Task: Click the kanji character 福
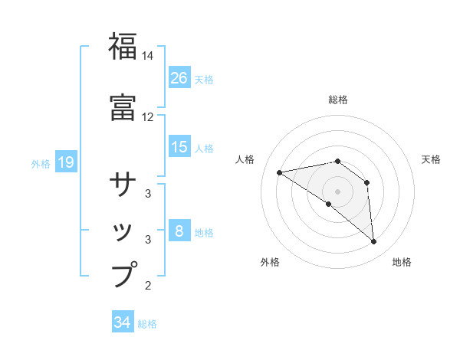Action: [123, 47]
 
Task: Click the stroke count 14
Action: [148, 57]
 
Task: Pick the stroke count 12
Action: [148, 117]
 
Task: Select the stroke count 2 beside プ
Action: [148, 286]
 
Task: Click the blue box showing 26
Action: [179, 78]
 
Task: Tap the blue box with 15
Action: [179, 147]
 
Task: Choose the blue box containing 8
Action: [179, 231]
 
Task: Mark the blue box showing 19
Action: [65, 162]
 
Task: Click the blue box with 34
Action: [122, 322]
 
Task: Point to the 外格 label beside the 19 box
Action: [41, 163]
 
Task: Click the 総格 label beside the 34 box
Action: [147, 324]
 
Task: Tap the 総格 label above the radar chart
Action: [337, 100]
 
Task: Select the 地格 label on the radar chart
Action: [402, 262]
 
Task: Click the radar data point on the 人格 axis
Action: [279, 172]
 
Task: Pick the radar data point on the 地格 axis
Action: [374, 242]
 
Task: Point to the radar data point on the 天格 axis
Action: [367, 182]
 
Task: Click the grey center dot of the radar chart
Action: [337, 191]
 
